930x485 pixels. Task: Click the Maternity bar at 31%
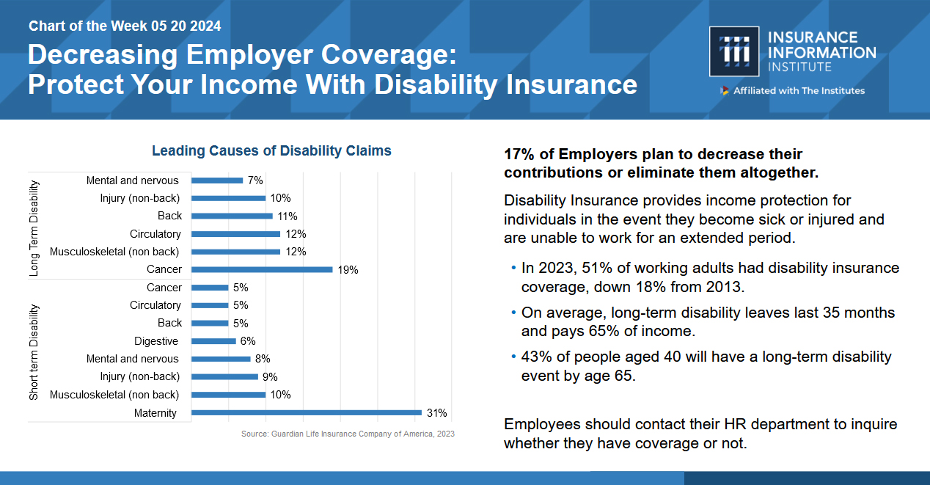pyautogui.click(x=307, y=412)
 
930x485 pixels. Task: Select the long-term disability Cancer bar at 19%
pyautogui.click(x=262, y=269)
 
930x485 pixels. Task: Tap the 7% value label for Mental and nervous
pyautogui.click(x=255, y=180)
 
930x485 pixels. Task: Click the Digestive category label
pyautogui.click(x=156, y=341)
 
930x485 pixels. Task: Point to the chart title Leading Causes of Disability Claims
pyautogui.click(x=271, y=151)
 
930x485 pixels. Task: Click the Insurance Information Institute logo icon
pyautogui.click(x=734, y=52)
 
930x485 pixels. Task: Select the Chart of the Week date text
pyautogui.click(x=125, y=26)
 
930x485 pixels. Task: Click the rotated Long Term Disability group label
pyautogui.click(x=34, y=228)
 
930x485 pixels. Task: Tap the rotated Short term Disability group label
pyautogui.click(x=34, y=352)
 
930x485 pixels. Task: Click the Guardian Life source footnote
pyautogui.click(x=348, y=434)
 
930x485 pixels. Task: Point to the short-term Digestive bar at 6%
pyautogui.click(x=214, y=341)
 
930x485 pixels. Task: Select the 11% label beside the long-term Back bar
pyautogui.click(x=288, y=216)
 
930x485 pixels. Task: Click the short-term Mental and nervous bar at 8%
pyautogui.click(x=221, y=359)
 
